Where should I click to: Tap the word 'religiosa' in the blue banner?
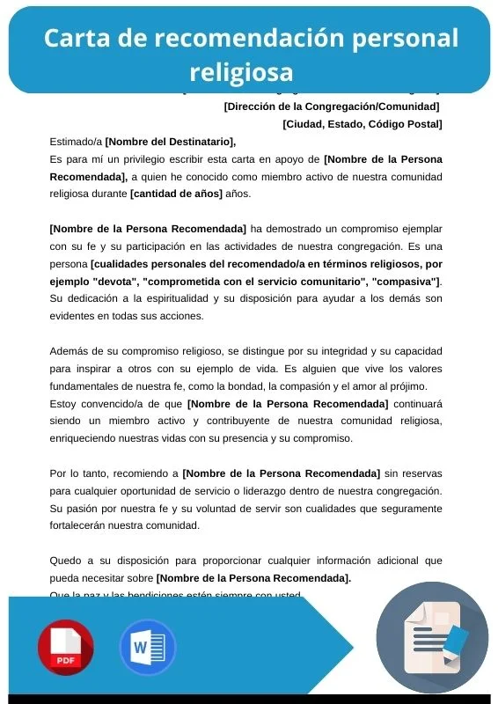point(241,70)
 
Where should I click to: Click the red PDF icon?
point(65,648)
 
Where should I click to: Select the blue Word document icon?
point(148,648)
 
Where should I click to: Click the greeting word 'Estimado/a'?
point(76,141)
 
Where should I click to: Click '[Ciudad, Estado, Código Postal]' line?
point(362,123)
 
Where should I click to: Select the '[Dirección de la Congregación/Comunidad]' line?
point(332,106)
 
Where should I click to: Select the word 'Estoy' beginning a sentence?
point(63,404)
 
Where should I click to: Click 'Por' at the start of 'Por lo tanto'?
point(58,473)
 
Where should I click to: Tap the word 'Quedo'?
point(65,561)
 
